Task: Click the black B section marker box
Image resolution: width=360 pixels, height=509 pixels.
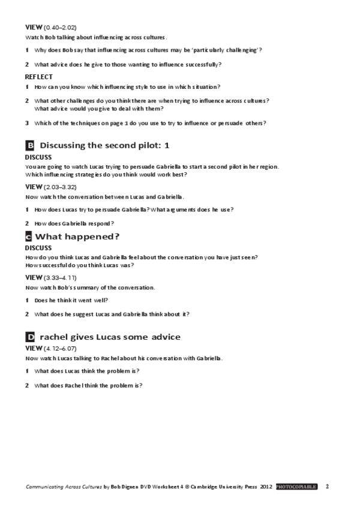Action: pos(29,145)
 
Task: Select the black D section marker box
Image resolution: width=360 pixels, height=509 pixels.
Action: pos(29,337)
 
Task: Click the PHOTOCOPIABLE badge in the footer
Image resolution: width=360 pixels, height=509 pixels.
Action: pos(296,486)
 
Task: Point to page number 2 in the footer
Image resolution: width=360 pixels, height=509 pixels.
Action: pos(327,486)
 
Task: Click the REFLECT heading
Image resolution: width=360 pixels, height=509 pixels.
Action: pos(39,77)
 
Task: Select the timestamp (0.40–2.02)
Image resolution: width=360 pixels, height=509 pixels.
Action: pos(60,28)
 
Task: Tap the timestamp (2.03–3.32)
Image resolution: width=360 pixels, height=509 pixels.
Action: pos(60,187)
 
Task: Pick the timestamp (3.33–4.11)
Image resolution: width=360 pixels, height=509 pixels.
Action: pos(60,278)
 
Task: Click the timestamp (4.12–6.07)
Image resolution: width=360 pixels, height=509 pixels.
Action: pos(60,348)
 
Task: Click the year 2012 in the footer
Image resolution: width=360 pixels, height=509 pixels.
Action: pos(267,486)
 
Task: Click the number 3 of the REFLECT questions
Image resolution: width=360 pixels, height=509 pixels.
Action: pos(27,123)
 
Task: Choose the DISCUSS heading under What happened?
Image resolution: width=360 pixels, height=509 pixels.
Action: pos(38,247)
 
